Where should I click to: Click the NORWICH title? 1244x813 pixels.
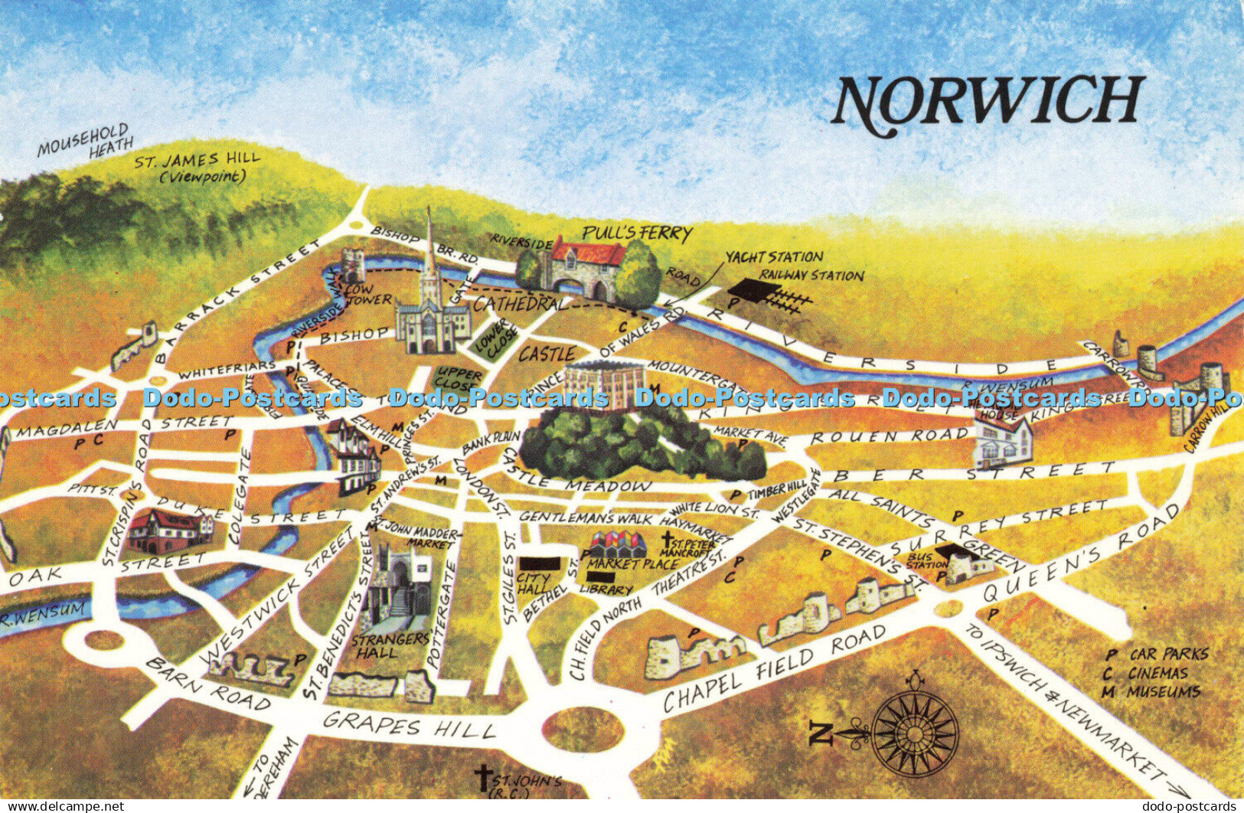point(988,103)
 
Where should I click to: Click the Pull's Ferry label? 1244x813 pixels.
point(637,233)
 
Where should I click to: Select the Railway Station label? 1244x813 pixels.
point(811,276)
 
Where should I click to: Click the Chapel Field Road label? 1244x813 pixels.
point(775,667)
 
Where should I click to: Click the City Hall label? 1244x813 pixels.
point(534,583)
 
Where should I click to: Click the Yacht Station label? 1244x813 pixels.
point(774,257)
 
